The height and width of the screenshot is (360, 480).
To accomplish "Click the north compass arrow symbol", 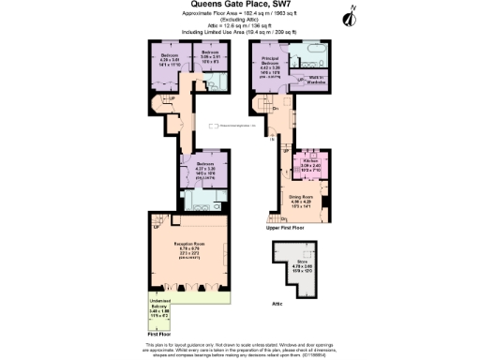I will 351,14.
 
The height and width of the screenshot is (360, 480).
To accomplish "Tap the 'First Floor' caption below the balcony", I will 158,334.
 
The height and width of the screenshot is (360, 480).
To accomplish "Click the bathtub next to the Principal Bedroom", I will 311,49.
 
